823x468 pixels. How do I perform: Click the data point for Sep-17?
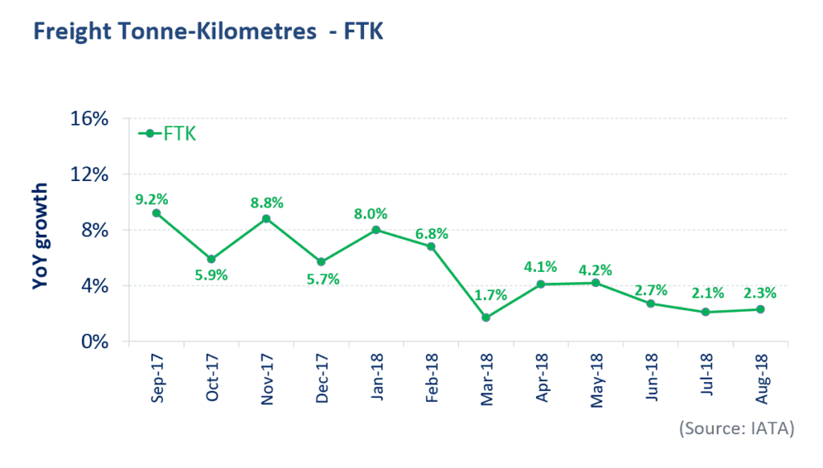pyautogui.click(x=155, y=213)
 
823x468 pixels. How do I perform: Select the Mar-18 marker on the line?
pyautogui.click(x=486, y=318)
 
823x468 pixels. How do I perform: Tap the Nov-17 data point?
pyautogui.click(x=266, y=219)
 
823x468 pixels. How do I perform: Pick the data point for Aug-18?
pyautogui.click(x=760, y=310)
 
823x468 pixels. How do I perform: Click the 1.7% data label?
pyautogui.click(x=490, y=295)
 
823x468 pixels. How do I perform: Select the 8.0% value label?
pyautogui.click(x=371, y=214)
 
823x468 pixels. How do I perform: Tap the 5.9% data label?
pyautogui.click(x=211, y=275)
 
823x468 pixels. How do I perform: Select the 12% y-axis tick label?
pyautogui.click(x=90, y=174)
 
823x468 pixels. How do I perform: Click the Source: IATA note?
pyautogui.click(x=737, y=429)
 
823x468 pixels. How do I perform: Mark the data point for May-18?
pyautogui.click(x=595, y=282)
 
